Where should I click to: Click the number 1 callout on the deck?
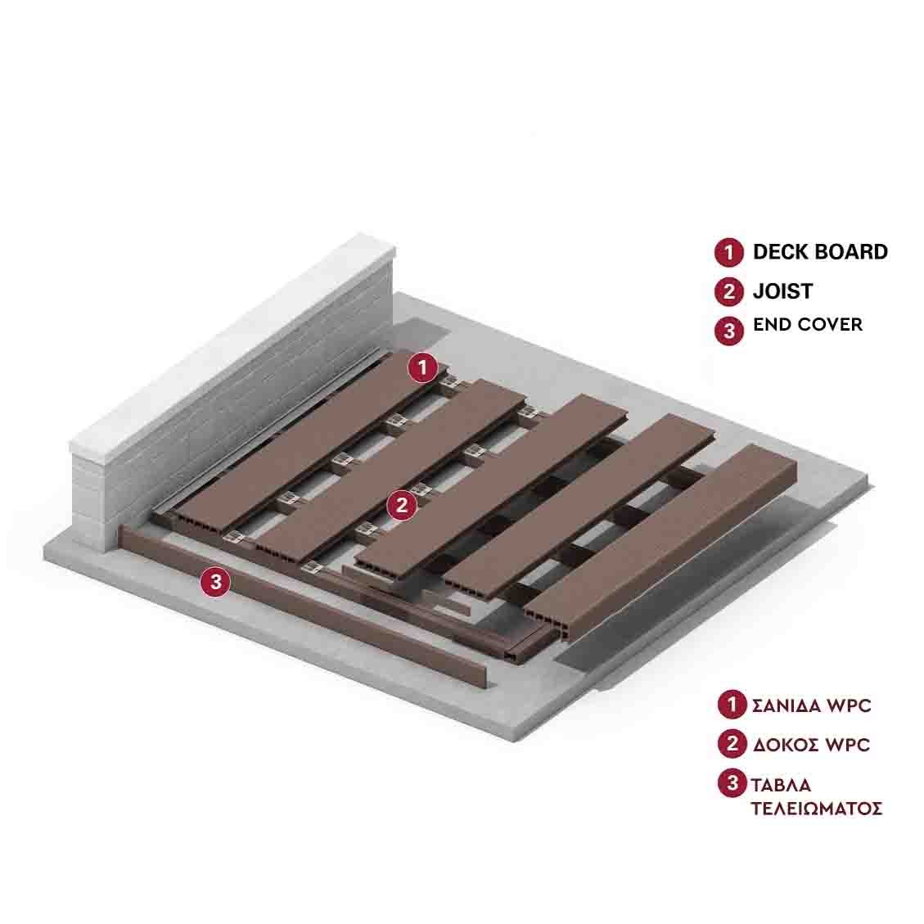coord(422,367)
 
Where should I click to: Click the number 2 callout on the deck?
coord(402,505)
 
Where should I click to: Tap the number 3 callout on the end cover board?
coord(216,582)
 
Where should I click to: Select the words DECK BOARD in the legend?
coord(820,251)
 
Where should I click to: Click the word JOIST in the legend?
coord(782,291)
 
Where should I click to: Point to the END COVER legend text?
coord(807,325)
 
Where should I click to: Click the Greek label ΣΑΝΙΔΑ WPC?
coord(811,705)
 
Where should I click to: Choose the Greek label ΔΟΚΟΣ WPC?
coord(811,745)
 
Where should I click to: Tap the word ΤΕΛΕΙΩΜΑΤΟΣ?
coord(817,808)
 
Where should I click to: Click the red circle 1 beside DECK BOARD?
coord(729,253)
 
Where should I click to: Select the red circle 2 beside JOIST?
coord(729,291)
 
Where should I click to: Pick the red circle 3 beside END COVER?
coord(729,331)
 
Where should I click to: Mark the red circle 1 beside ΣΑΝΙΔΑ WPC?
coord(732,704)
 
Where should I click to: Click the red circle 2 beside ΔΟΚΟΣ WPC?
coord(732,744)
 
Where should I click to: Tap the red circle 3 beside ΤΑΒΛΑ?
coord(732,783)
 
